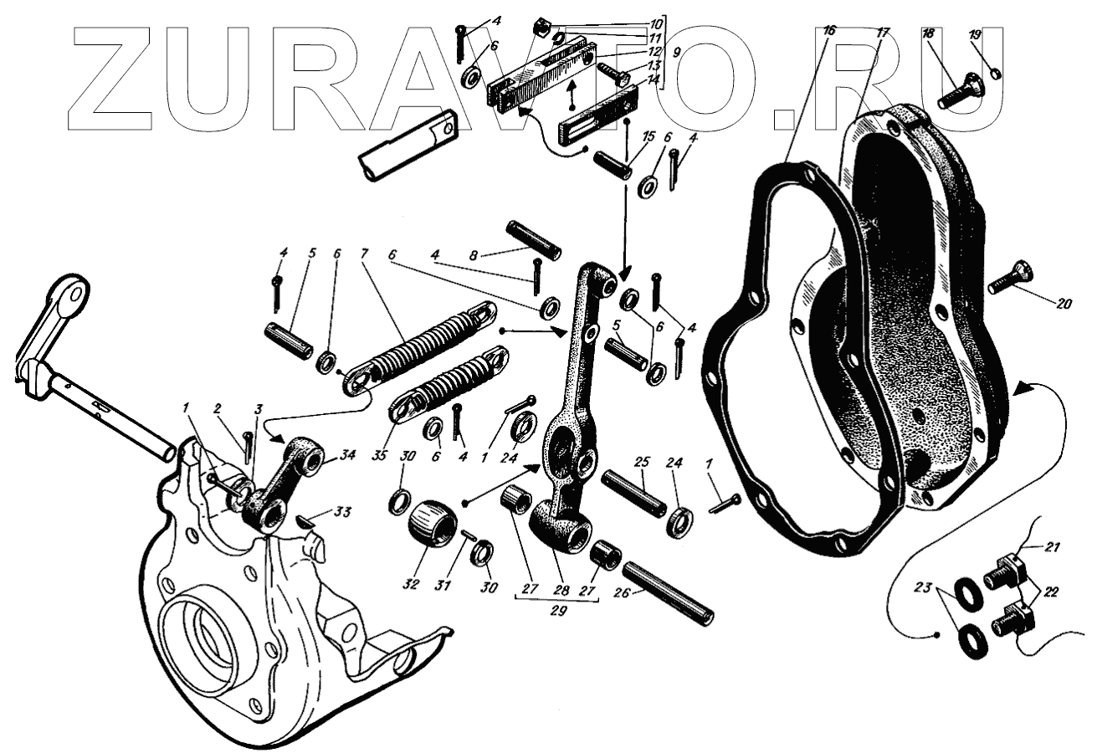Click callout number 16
click(828, 32)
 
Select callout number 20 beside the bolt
click(1063, 305)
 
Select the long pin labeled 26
click(668, 591)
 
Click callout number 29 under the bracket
click(559, 611)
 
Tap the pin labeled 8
click(536, 235)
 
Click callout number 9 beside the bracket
click(675, 50)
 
